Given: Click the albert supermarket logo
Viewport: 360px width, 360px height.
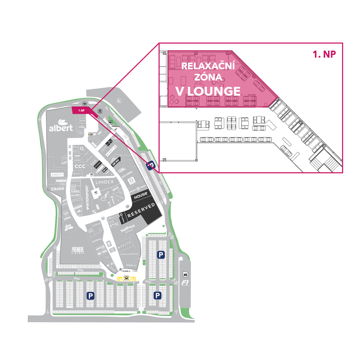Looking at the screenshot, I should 61,127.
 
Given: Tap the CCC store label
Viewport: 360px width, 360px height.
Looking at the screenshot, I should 80,166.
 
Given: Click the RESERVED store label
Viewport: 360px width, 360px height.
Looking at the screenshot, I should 141,210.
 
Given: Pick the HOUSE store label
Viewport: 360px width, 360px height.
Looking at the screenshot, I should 141,195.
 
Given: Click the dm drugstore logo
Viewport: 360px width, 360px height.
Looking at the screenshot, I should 68,228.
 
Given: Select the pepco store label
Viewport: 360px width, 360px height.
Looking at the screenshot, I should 57,174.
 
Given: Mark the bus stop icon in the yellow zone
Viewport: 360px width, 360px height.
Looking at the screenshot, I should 126,278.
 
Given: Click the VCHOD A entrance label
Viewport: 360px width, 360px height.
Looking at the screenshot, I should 125,271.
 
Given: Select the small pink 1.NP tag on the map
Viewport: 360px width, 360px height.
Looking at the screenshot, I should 81,110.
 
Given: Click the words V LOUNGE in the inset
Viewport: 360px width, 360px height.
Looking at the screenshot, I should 208,91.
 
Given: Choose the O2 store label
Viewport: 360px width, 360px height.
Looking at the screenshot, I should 82,149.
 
